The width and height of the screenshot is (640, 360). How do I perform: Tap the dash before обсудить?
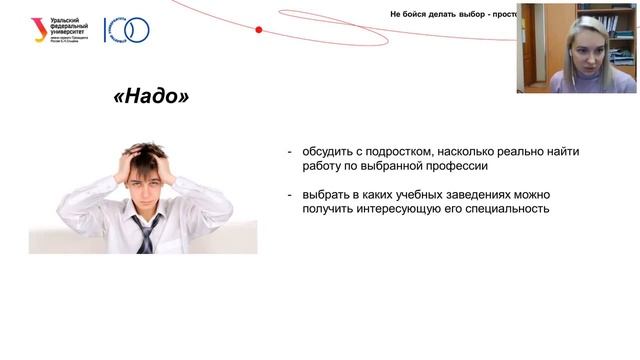coord(290,152)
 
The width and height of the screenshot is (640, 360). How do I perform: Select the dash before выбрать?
coord(290,194)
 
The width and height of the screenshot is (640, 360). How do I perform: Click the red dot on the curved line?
coord(258,30)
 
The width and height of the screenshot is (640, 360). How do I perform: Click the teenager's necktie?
coord(147,233)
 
